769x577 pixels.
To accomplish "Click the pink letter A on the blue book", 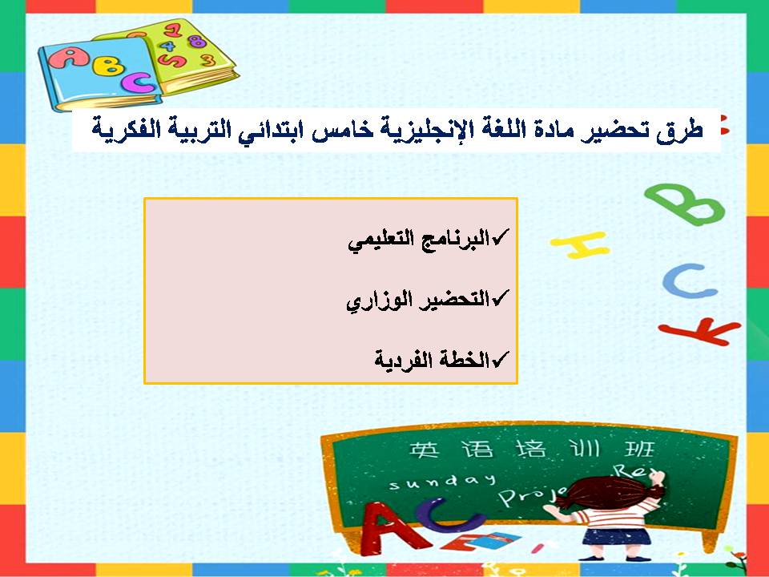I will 74,57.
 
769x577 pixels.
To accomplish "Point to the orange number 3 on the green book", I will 207,59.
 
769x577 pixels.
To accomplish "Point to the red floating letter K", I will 698,329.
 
